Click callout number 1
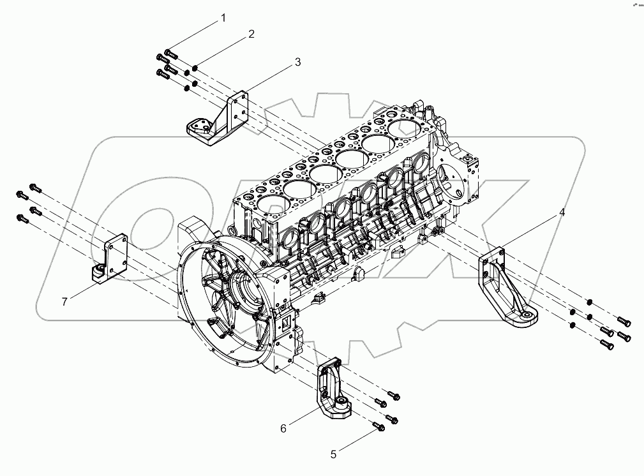click(223, 19)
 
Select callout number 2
click(251, 34)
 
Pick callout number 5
click(333, 455)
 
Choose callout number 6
click(283, 428)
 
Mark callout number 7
click(64, 302)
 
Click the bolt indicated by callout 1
click(170, 54)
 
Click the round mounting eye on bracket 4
click(528, 314)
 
